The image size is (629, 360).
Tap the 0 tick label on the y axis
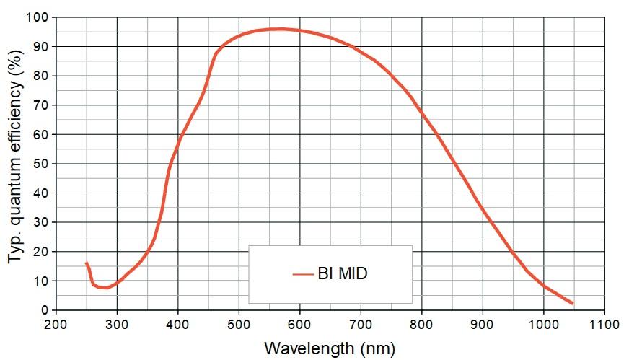45,310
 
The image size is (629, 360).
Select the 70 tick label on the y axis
42,105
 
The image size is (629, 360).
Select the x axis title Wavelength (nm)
330,348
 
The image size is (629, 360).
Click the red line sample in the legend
302,274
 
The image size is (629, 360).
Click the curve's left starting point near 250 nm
87,263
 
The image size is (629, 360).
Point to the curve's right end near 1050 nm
573,304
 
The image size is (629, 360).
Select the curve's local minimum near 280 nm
105,288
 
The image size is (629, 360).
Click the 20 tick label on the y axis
42,252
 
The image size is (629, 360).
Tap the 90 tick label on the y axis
42,47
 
